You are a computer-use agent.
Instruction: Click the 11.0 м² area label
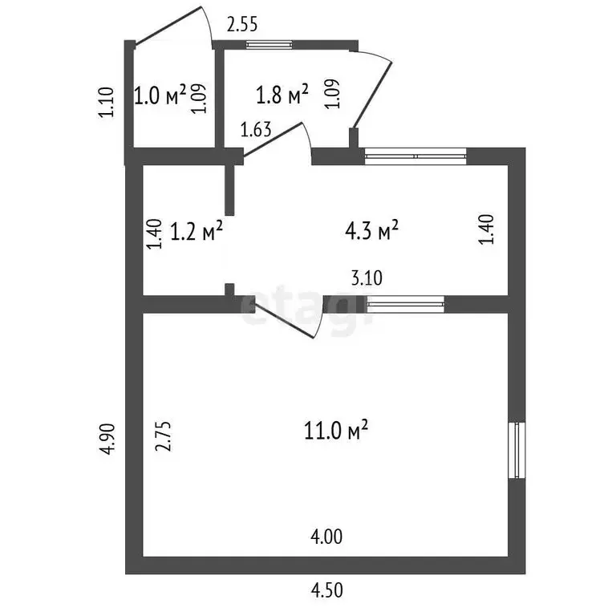336,430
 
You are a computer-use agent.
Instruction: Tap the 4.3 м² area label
371,230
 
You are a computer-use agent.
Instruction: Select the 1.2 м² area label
197,230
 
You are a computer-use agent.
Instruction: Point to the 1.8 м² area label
282,95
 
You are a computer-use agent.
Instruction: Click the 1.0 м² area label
160,95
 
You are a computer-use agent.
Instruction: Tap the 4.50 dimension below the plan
327,590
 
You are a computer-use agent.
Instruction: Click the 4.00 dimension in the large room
326,537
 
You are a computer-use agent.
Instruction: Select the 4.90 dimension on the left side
107,440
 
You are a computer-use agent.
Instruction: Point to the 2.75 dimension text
164,436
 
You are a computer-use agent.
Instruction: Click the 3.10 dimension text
367,278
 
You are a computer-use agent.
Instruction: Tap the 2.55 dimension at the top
242,24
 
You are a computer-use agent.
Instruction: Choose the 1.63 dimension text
256,130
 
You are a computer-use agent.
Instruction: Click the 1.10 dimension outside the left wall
106,102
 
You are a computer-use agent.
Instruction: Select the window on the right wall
517,450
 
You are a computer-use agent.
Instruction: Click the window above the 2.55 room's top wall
269,45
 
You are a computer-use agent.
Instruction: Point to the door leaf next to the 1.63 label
273,140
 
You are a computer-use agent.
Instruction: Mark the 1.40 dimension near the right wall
486,229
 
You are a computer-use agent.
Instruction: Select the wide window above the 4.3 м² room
415,156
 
